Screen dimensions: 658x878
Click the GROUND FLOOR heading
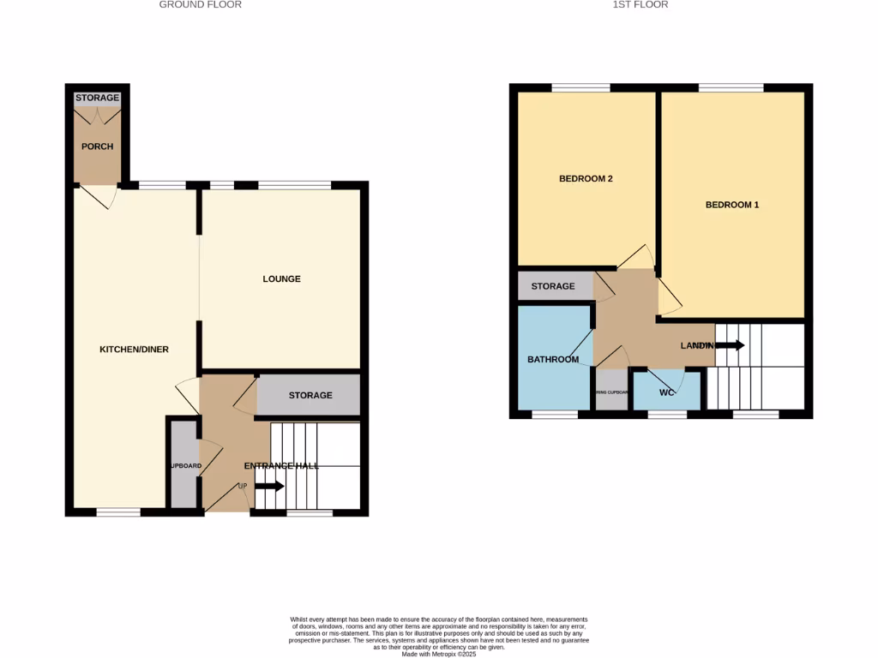[x=201, y=5]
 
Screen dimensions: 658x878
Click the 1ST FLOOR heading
[x=640, y=5]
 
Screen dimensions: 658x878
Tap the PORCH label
[x=97, y=147]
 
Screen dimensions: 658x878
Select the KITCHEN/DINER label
[x=135, y=350]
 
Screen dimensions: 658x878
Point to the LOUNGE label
[x=282, y=279]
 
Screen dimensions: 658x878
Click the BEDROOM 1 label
[x=732, y=205]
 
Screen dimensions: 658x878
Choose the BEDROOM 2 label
[x=586, y=179]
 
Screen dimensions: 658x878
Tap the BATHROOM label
[x=553, y=360]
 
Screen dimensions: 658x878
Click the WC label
[x=667, y=393]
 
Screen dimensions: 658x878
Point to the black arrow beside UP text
[x=268, y=487]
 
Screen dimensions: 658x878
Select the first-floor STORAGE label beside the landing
[x=553, y=286]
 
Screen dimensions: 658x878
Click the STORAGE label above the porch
[x=97, y=99]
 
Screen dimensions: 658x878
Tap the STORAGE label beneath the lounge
[x=310, y=396]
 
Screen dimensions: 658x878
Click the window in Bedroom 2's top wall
[x=580, y=87]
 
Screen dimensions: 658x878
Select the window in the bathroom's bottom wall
[x=555, y=415]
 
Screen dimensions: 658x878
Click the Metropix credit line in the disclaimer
[x=439, y=654]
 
